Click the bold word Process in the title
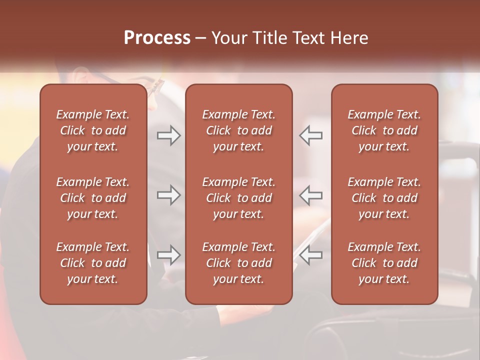click(157, 38)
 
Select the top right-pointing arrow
click(168, 135)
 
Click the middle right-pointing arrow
click(168, 195)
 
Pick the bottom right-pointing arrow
click(168, 255)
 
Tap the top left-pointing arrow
click(311, 135)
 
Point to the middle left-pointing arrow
click(311, 195)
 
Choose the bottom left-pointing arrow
click(311, 255)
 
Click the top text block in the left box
click(93, 130)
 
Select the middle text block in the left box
click(93, 198)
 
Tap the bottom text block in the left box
click(93, 263)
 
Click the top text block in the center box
click(238, 130)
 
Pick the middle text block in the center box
click(238, 198)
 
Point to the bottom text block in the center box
click(238, 263)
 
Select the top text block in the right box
click(384, 130)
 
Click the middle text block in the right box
click(384, 198)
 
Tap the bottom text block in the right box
click(384, 263)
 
